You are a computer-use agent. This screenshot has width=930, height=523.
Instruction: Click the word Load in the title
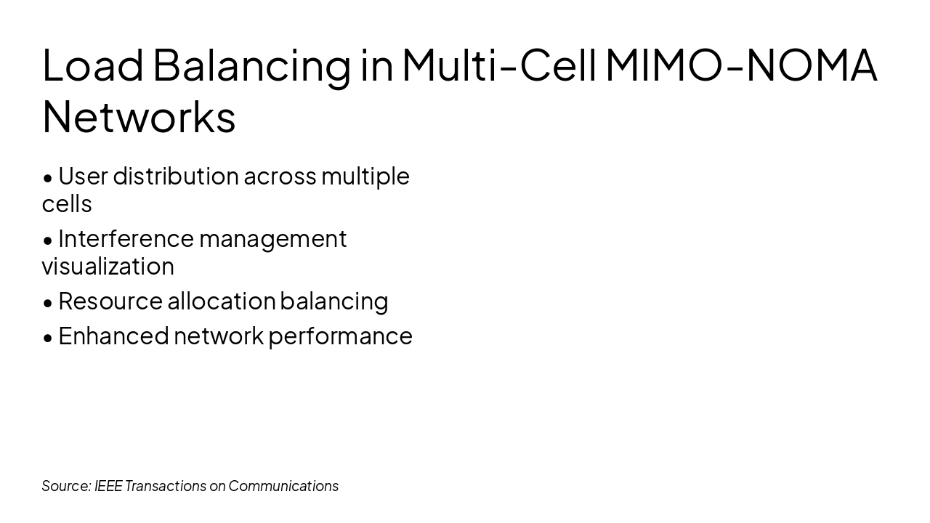click(93, 65)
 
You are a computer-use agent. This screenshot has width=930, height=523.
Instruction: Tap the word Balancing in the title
click(251, 65)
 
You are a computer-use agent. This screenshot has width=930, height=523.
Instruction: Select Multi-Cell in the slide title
click(498, 65)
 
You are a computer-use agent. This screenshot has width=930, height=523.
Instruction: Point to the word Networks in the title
click(139, 117)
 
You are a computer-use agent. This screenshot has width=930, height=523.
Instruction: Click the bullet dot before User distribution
click(48, 177)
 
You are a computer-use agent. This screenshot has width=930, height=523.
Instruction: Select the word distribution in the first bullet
click(176, 176)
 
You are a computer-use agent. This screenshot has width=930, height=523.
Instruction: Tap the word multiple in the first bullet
click(365, 177)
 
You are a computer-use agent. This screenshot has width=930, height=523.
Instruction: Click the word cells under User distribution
click(67, 204)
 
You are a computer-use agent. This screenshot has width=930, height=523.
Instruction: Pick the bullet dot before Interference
click(48, 240)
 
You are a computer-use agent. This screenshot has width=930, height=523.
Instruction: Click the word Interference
click(126, 238)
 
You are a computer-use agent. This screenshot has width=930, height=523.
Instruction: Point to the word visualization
click(108, 267)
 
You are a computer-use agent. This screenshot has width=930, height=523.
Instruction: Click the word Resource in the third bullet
click(110, 301)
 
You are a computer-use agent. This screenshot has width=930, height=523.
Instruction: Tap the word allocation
click(222, 301)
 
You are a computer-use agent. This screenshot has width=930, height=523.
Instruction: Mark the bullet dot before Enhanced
click(48, 337)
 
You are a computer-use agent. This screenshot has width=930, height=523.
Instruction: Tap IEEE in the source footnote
click(108, 486)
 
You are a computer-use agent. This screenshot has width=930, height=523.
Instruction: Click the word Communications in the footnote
click(283, 486)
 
